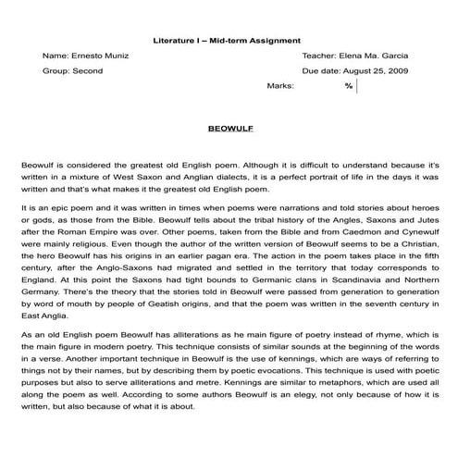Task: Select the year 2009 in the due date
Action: [x=397, y=70]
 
